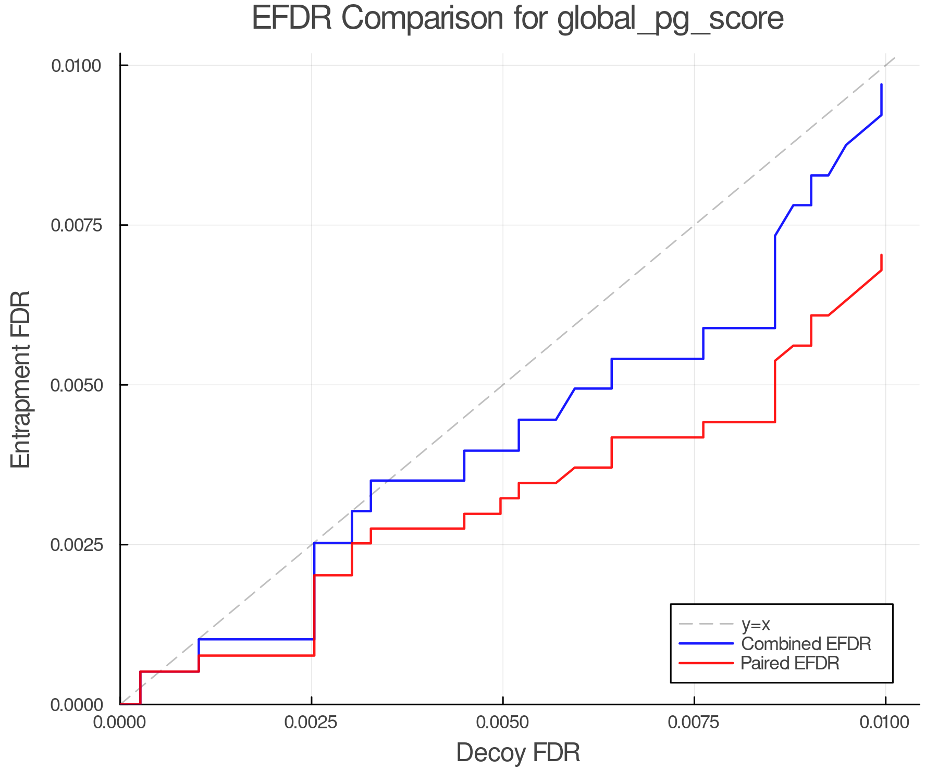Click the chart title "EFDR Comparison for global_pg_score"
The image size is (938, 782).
click(x=517, y=19)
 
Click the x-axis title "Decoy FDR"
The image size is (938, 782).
click(x=518, y=753)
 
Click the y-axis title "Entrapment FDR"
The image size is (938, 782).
click(x=21, y=379)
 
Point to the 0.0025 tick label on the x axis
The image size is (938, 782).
click(x=312, y=723)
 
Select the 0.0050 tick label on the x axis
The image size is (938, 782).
click(x=503, y=723)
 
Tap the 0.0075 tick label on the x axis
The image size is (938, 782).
click(x=694, y=723)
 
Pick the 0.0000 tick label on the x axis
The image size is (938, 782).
click(x=120, y=723)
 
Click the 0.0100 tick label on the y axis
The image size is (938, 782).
click(x=77, y=66)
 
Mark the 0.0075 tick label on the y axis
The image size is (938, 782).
click(x=77, y=225)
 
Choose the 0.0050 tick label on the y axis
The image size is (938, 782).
click(x=77, y=385)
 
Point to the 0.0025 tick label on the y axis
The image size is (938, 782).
click(x=77, y=545)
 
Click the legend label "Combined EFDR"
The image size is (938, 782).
click(x=806, y=644)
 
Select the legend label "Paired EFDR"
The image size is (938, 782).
click(x=790, y=663)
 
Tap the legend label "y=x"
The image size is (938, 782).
click(x=756, y=624)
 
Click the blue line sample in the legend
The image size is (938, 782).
click(x=706, y=644)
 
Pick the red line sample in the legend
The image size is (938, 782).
click(x=706, y=663)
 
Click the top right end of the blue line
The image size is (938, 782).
click(x=881, y=84)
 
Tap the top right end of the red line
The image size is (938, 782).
click(x=881, y=255)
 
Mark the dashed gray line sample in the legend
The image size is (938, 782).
click(x=706, y=624)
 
